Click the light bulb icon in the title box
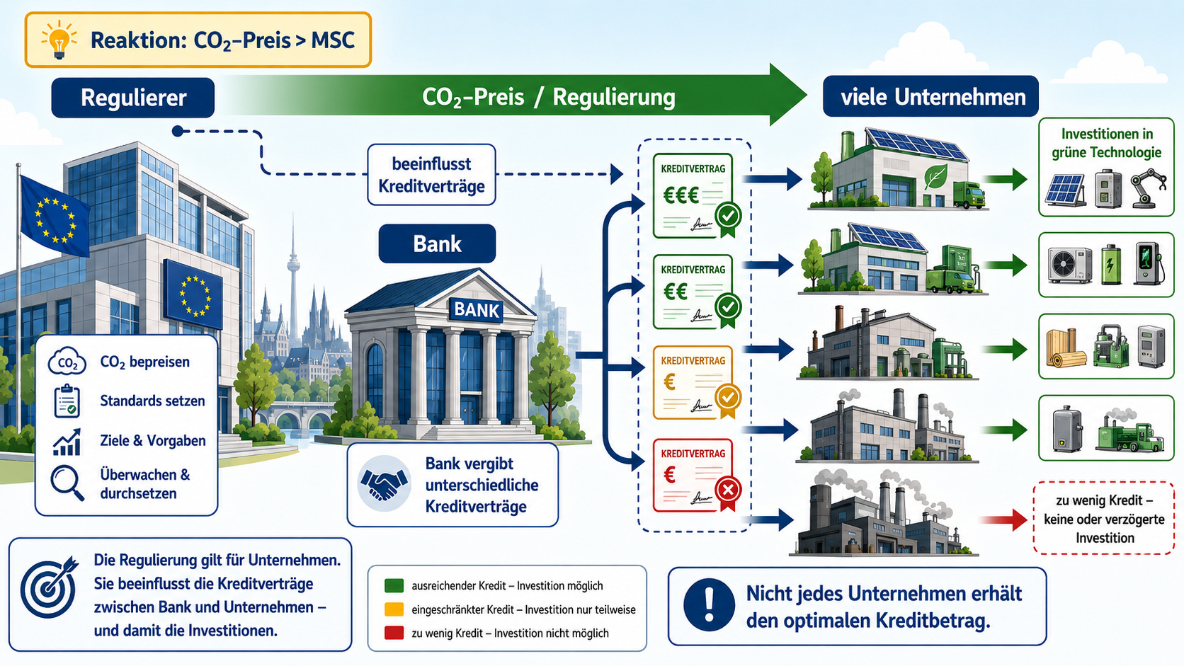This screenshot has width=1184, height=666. coord(59,39)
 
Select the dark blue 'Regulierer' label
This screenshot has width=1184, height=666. coord(132,98)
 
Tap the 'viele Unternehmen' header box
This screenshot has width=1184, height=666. coord(930,97)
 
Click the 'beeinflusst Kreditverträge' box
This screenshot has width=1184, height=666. coord(431,175)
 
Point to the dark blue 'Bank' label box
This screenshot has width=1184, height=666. coord(437,244)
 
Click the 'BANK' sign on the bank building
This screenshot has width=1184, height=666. coord(477,309)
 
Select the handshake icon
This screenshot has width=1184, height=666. coord(384,483)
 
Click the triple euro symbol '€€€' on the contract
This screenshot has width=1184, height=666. coord(681,196)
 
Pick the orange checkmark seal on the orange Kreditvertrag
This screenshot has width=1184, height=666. coord(728,398)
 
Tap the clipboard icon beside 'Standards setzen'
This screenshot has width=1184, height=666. coord(67,401)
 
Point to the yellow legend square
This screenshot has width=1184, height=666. coord(394,609)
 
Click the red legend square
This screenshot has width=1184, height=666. coord(394,633)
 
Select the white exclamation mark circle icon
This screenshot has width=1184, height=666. coord(709,604)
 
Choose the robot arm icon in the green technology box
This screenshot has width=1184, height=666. coord(1148,188)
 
